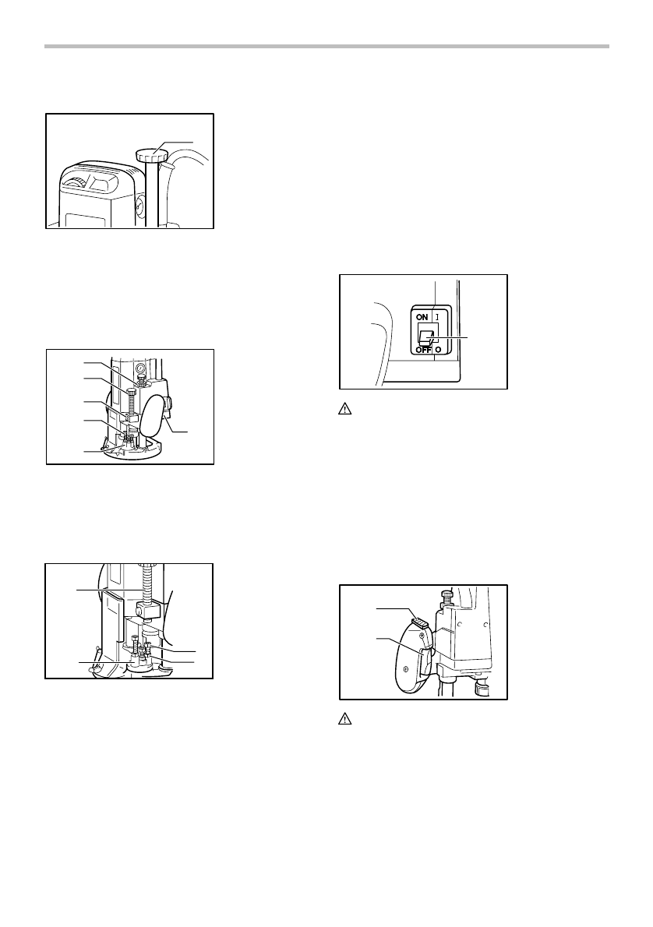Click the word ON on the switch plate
pyautogui.click(x=422, y=318)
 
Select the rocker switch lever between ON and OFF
pyautogui.click(x=428, y=335)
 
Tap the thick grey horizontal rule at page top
pyautogui.click(x=326, y=47)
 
